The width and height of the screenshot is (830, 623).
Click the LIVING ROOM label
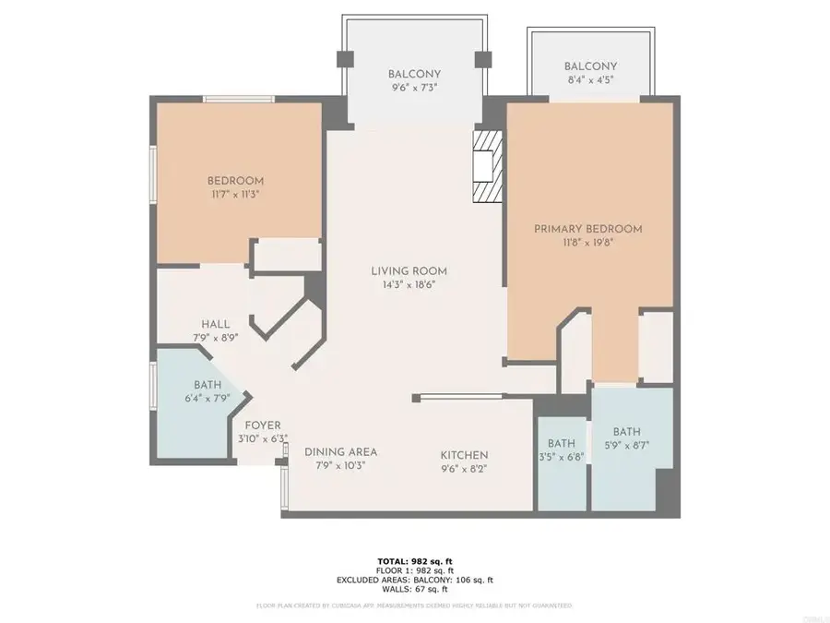[409, 270]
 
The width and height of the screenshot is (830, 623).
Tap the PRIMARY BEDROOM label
[588, 229]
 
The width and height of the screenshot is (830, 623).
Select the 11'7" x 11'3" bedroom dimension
[235, 195]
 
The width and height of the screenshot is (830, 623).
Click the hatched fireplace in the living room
[487, 165]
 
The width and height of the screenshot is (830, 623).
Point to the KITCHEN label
[463, 455]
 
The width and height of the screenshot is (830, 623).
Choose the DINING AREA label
[342, 452]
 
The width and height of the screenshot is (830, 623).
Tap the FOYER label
[263, 425]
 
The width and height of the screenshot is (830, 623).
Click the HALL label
[215, 324]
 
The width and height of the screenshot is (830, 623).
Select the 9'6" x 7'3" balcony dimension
[413, 90]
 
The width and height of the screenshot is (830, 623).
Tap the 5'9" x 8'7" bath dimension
[627, 447]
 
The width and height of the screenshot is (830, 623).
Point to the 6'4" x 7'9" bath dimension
[207, 399]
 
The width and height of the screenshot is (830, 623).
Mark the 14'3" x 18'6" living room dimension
[409, 285]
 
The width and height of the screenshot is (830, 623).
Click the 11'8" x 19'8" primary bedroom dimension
[588, 244]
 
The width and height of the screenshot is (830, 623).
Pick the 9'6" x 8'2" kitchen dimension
[463, 469]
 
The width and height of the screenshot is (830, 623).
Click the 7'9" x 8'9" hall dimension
[215, 339]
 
